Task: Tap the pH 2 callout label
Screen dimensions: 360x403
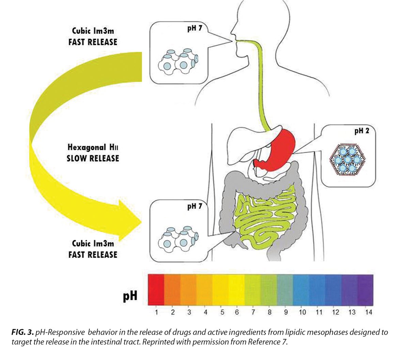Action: tap(361, 131)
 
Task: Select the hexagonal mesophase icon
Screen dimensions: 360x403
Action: tap(347, 159)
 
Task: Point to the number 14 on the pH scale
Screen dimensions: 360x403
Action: tap(368, 312)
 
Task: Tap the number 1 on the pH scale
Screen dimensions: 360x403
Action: tap(156, 312)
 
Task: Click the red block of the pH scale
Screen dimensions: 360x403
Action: tap(156, 289)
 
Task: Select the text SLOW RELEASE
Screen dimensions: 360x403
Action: tap(93, 158)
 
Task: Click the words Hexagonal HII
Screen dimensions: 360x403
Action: tap(93, 148)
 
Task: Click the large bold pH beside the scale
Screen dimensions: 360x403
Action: tap(130, 295)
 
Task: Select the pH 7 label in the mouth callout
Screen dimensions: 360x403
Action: tap(195, 28)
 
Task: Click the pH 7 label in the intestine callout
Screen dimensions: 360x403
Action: tap(195, 206)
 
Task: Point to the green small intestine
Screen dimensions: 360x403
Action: tap(266, 218)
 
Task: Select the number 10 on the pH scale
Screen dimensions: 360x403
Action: tap(302, 312)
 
